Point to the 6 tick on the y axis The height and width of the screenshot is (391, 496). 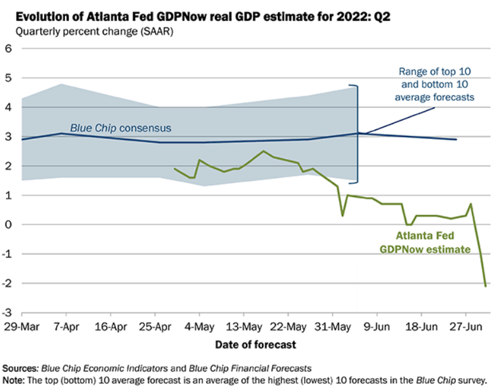(x=8, y=49)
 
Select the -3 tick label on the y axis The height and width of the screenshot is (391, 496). (x=7, y=313)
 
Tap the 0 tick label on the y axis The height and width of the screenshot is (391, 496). (x=8, y=225)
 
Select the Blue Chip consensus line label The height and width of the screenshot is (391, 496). (x=120, y=128)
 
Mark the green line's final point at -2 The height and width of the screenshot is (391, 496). (x=485, y=285)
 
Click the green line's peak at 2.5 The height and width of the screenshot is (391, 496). (x=263, y=151)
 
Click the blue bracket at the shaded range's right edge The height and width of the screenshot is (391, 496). (x=356, y=133)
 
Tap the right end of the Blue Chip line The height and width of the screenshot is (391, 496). (x=456, y=139)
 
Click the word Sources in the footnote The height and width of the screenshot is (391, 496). (x=20, y=368)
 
